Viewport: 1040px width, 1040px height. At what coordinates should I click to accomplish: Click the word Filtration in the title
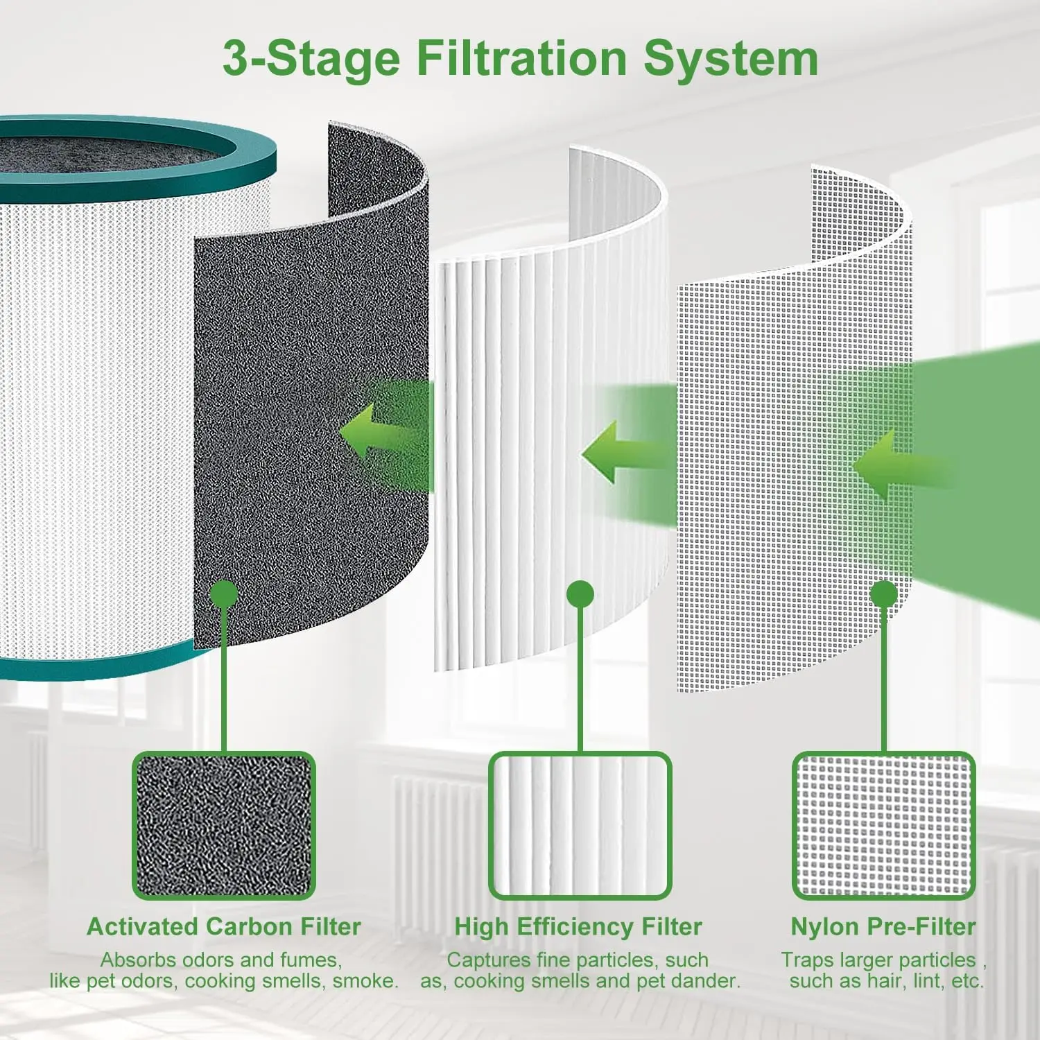pos(521,58)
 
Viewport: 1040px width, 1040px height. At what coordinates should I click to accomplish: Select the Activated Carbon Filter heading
pos(224,926)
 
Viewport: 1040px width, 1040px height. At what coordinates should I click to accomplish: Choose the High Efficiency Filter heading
pos(578,926)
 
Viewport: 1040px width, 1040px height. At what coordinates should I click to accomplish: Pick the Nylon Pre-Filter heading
pos(883,926)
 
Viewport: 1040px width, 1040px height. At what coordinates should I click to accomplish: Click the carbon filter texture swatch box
pos(224,825)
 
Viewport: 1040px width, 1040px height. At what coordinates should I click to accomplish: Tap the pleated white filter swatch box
pos(580,825)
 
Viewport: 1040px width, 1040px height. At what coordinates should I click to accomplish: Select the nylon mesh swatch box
pos(883,825)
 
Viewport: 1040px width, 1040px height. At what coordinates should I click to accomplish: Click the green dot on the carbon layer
pos(224,595)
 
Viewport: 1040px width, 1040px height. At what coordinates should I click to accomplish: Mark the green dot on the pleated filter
pos(580,594)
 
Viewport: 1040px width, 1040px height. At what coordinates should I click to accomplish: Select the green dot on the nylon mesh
pos(883,594)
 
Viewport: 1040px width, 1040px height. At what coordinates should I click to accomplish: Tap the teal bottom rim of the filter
pos(104,667)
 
